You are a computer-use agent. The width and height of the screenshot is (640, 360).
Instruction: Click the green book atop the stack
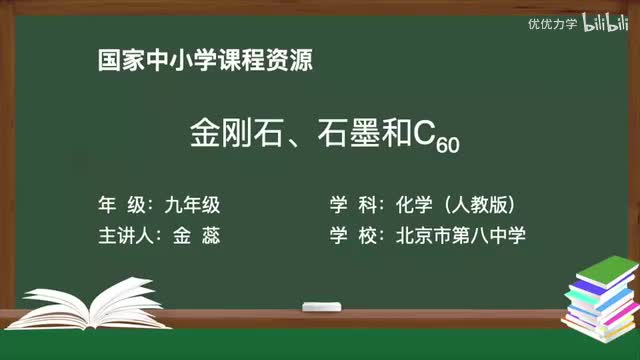604,268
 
